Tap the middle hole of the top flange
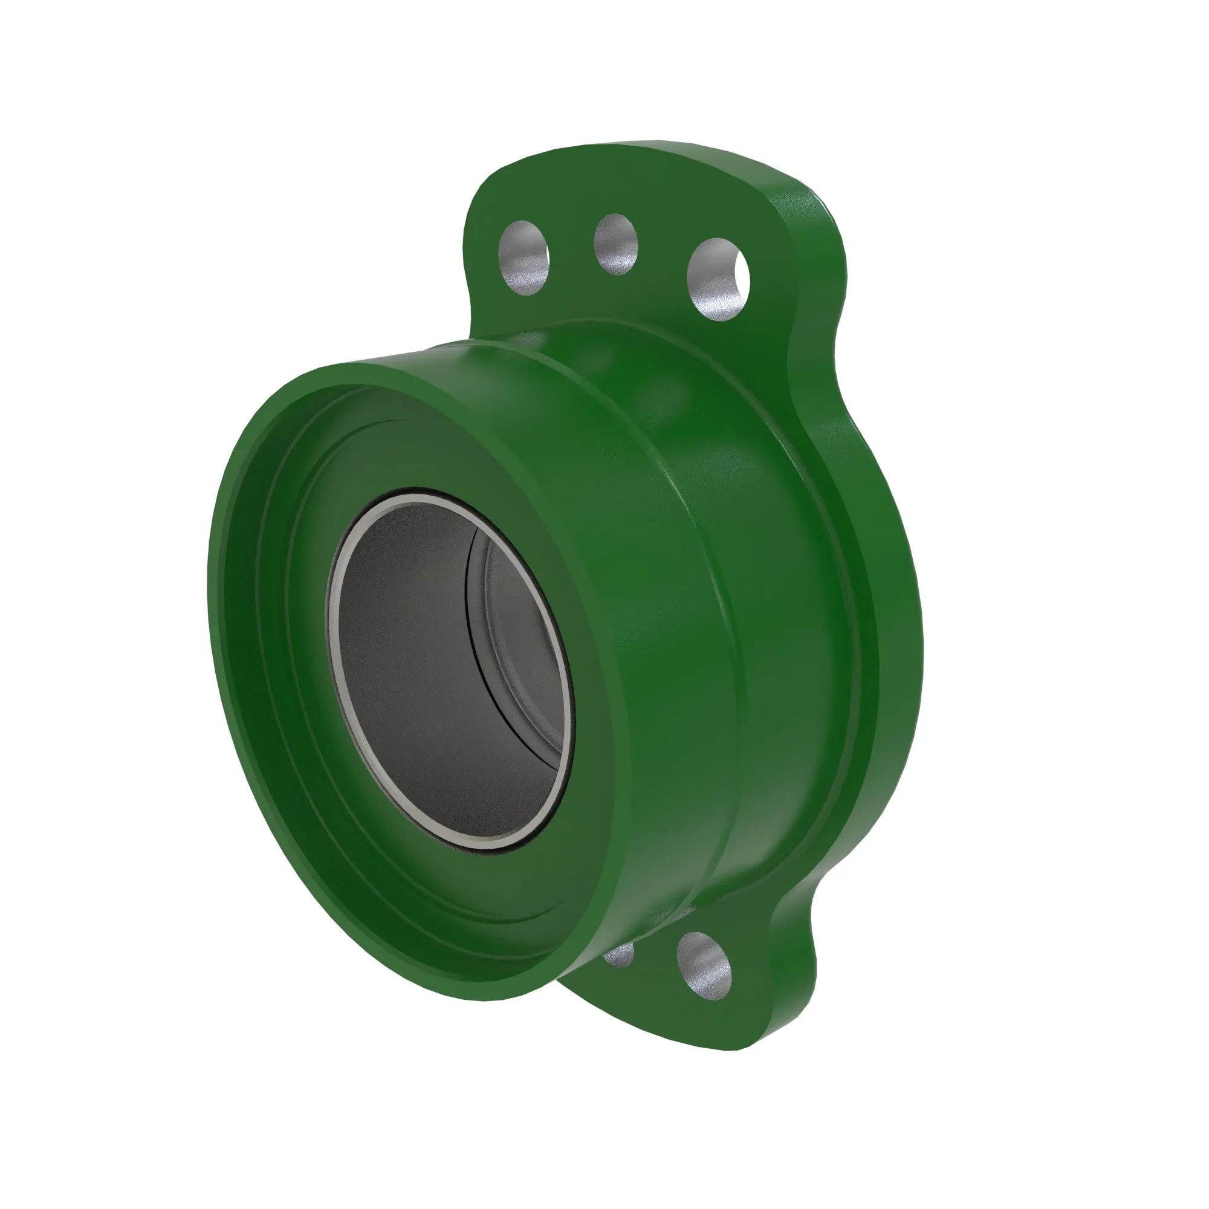pos(616,244)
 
